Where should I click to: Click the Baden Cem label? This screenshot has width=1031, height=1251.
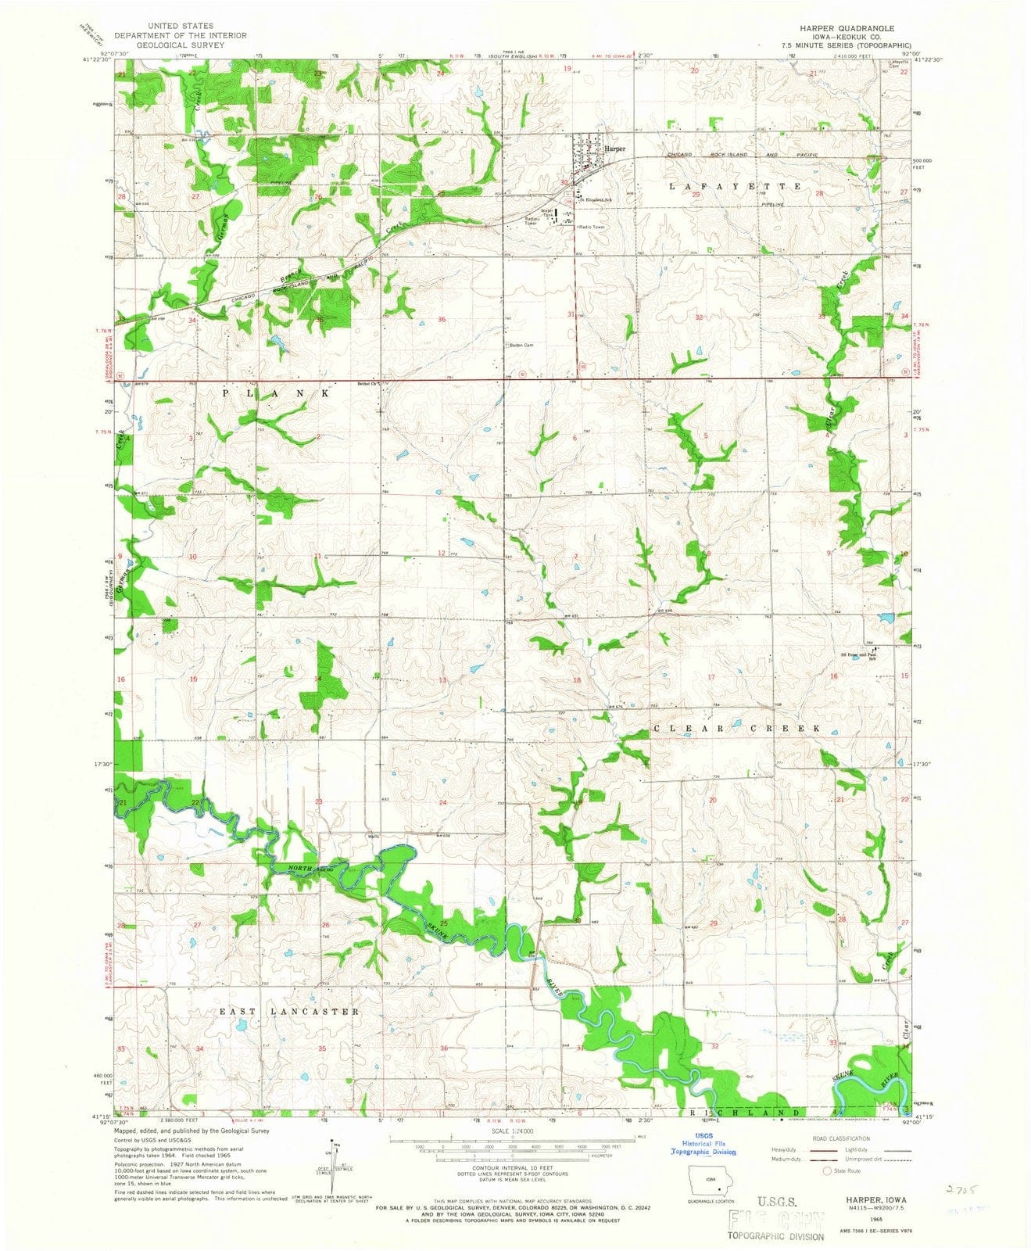tap(521, 345)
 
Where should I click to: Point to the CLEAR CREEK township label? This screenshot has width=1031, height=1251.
tap(738, 728)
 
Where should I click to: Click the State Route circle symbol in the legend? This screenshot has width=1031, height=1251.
tap(826, 1171)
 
